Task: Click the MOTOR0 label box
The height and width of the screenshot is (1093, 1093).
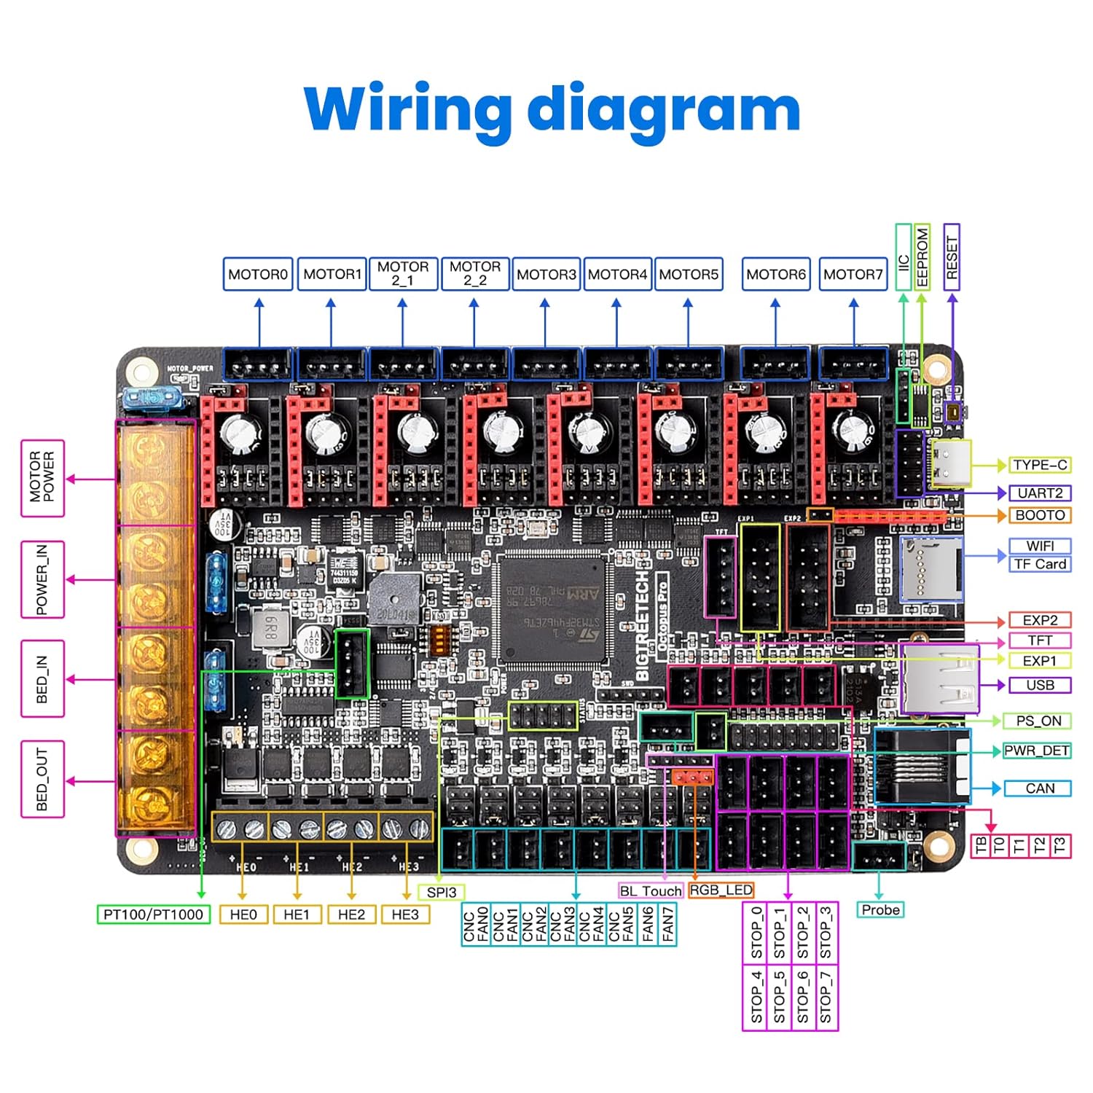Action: (x=258, y=274)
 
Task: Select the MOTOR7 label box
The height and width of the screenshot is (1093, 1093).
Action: (x=853, y=274)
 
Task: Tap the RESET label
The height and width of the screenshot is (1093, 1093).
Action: (x=952, y=257)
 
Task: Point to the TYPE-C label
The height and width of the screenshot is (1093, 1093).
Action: (x=1040, y=465)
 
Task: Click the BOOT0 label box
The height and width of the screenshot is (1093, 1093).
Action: (x=1040, y=515)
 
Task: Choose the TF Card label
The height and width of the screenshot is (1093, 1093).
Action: (x=1040, y=564)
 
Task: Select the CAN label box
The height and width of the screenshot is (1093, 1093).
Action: (x=1040, y=788)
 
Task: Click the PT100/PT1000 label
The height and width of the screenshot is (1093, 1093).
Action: (x=153, y=914)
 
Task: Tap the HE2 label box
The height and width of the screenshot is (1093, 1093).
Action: (x=351, y=914)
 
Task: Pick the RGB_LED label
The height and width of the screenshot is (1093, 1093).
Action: (x=721, y=890)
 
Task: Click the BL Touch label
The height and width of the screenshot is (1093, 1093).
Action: (x=651, y=891)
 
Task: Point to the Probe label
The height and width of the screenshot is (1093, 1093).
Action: (x=880, y=909)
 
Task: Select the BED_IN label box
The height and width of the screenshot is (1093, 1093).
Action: (x=42, y=679)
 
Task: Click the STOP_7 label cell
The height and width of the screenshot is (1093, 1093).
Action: (x=826, y=998)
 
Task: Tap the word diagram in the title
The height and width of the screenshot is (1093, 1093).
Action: (x=663, y=109)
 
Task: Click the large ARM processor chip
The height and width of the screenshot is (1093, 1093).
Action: (x=551, y=609)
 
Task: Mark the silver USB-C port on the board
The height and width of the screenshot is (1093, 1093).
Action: (x=950, y=463)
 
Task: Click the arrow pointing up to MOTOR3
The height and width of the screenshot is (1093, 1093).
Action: (x=545, y=321)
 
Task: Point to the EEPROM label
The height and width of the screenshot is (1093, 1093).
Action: (x=922, y=257)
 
